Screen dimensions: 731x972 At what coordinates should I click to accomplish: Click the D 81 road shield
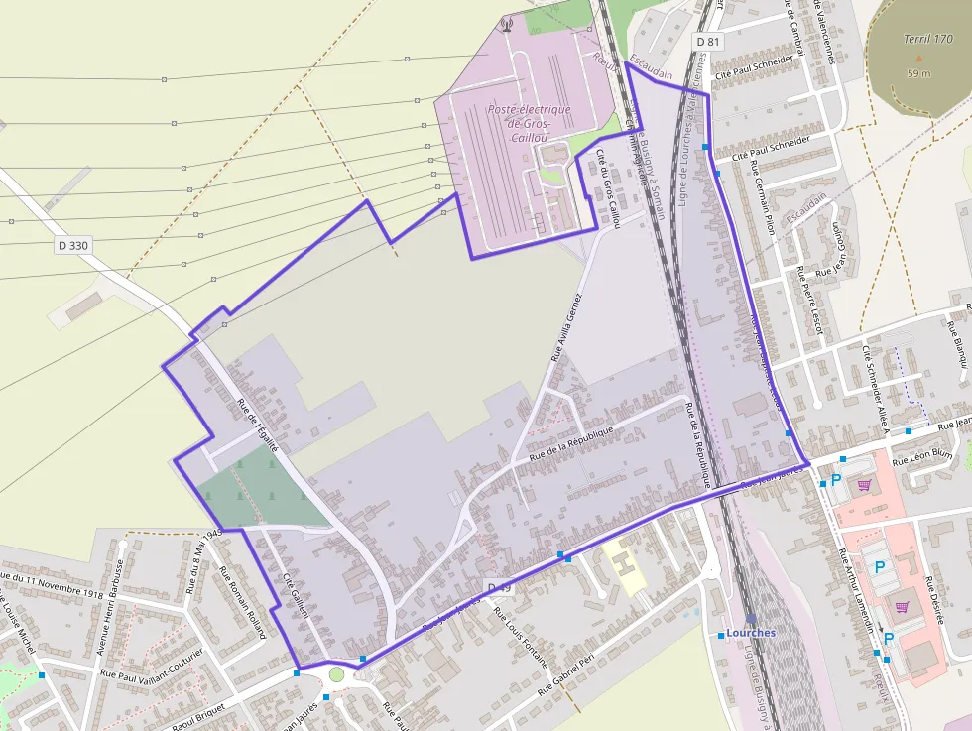point(707,42)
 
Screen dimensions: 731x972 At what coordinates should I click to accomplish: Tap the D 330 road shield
point(73,245)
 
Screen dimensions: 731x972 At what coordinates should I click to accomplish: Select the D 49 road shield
point(500,587)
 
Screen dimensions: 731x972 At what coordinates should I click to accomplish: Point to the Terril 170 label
point(929,39)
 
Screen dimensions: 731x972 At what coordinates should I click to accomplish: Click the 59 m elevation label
point(919,72)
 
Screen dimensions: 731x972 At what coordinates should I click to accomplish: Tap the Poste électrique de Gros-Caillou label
point(529,123)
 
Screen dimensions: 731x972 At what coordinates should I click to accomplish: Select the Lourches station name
point(751,632)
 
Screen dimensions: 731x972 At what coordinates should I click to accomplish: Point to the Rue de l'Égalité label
point(258,424)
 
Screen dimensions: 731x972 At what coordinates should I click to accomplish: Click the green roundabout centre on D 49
point(336,674)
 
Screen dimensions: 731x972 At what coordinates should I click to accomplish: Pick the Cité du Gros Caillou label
point(607,188)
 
